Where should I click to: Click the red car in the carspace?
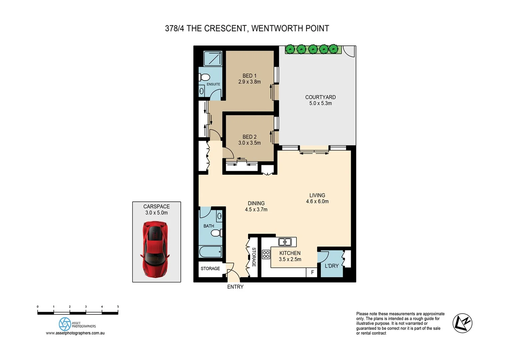pos(155,249)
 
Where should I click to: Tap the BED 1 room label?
pos(249,76)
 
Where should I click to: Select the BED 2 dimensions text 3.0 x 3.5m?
pos(249,143)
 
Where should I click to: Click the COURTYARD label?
pos(320,97)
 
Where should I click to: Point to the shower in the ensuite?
pos(213,59)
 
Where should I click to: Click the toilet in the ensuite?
pos(204,77)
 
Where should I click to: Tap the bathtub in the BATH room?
pos(210,251)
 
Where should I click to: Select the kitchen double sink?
pos(285,242)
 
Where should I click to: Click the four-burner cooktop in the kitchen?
pos(266,254)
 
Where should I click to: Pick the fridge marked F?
pos(312,272)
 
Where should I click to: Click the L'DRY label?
pos(331,266)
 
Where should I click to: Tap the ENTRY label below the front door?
pos(235,287)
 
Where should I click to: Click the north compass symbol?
pos(462,323)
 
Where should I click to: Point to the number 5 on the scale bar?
pos(118,307)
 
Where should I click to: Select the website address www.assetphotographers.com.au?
pos(75,333)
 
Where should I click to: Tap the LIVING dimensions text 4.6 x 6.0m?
pos(317,201)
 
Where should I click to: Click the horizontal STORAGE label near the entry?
pos(210,268)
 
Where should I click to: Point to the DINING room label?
pos(256,203)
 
